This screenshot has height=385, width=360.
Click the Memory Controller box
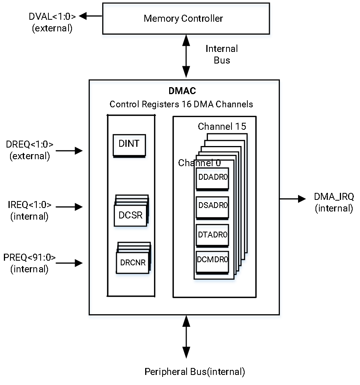(x=186, y=19)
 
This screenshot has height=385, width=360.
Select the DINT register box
(x=129, y=145)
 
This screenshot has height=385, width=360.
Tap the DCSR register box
(x=130, y=215)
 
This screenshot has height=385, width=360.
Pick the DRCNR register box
(x=132, y=263)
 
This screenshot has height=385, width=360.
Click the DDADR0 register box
(x=213, y=179)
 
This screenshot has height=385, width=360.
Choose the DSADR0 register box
(x=213, y=208)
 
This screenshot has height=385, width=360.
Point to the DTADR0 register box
(x=213, y=235)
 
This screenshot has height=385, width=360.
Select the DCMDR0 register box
(x=213, y=262)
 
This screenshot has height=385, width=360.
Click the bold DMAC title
(x=182, y=91)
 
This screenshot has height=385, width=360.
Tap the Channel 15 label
(x=222, y=126)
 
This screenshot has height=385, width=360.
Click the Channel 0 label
(x=199, y=163)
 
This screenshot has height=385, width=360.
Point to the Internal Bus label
(x=221, y=54)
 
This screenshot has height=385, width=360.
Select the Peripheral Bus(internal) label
(x=195, y=371)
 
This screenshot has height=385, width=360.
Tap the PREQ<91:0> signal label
(x=29, y=257)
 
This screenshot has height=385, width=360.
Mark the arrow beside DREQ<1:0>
(x=69, y=151)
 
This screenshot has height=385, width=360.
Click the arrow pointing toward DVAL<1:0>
(x=90, y=16)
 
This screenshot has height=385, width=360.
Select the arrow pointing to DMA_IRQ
(x=293, y=199)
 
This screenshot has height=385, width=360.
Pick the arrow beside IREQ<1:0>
(x=69, y=207)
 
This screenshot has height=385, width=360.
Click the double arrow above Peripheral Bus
(x=186, y=337)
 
